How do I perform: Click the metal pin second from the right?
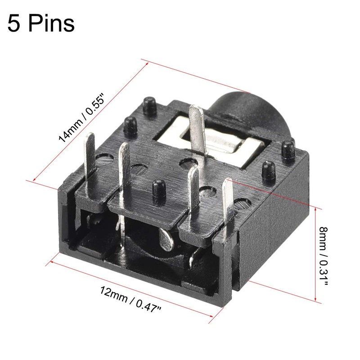coord(194,184)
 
